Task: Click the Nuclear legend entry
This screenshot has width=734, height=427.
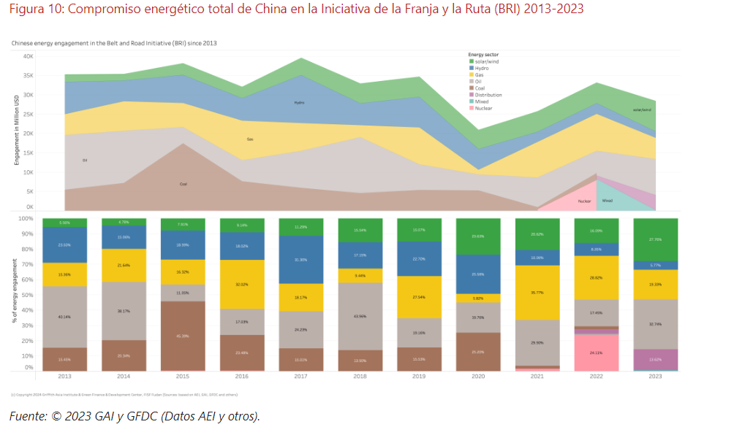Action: (x=483, y=108)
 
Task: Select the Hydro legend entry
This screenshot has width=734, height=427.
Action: (x=482, y=68)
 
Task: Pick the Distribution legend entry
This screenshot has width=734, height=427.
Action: (x=488, y=95)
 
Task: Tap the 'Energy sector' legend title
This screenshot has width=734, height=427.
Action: (x=483, y=55)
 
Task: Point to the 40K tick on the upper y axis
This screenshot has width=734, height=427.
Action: (x=28, y=56)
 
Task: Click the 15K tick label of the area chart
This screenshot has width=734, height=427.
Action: (x=28, y=153)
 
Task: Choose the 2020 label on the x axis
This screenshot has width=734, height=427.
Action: (x=479, y=377)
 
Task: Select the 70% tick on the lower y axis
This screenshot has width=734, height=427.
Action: (x=26, y=265)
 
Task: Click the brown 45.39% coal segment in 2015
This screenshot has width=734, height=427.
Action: (x=183, y=336)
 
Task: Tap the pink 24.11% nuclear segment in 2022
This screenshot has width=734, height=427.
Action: (x=597, y=353)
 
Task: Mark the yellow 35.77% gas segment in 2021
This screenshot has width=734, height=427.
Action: (x=537, y=292)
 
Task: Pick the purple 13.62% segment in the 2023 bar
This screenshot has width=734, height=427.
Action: (x=656, y=359)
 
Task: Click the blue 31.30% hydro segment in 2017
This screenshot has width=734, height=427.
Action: (x=300, y=260)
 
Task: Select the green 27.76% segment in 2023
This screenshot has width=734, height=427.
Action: (x=656, y=239)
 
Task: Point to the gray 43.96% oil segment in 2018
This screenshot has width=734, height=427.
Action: (x=360, y=316)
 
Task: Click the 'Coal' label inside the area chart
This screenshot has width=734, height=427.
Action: (x=183, y=184)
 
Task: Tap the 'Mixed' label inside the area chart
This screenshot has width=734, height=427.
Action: (x=608, y=201)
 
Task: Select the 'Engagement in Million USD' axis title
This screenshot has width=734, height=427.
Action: (x=16, y=129)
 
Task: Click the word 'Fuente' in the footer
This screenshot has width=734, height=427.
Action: (x=27, y=416)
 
